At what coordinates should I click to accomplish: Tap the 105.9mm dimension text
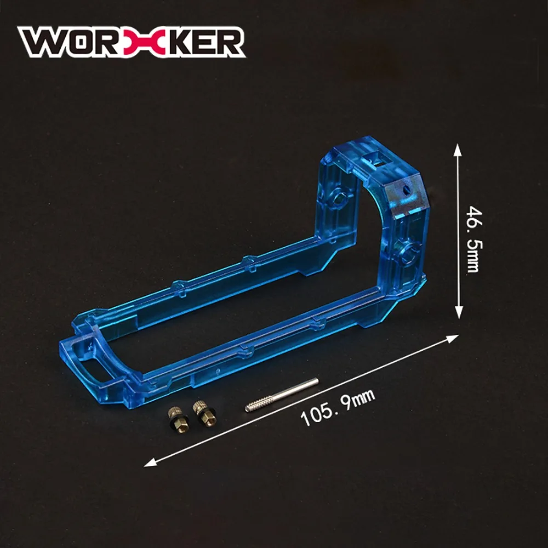(x=338, y=408)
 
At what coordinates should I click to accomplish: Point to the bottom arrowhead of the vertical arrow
(x=459, y=313)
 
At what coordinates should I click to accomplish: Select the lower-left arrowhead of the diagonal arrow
(x=150, y=463)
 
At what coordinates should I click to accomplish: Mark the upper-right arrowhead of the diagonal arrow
(x=452, y=338)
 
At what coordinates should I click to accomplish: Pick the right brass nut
(x=204, y=413)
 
